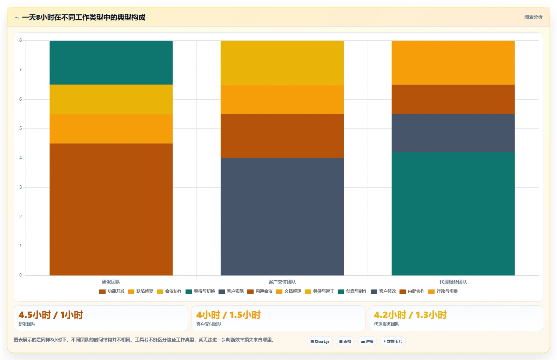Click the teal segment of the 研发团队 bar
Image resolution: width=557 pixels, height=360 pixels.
click(x=111, y=63)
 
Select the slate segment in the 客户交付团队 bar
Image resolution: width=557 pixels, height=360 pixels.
click(x=282, y=217)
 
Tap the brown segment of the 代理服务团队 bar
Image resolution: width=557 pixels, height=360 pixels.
click(x=453, y=99)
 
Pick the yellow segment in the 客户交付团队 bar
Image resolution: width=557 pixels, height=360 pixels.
click(x=282, y=63)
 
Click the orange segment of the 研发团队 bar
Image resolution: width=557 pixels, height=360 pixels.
click(x=111, y=129)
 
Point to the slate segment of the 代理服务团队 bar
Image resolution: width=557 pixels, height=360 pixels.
click(x=453, y=133)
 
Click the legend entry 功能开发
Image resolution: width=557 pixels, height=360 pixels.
click(x=112, y=291)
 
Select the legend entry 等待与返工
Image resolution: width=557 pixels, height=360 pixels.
click(x=320, y=291)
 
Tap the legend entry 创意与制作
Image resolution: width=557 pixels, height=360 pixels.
click(x=353, y=291)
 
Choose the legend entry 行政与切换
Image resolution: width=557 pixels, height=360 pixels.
click(x=443, y=291)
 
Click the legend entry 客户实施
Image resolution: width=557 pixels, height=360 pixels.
click(x=231, y=291)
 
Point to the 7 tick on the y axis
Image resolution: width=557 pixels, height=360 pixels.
click(x=21, y=70)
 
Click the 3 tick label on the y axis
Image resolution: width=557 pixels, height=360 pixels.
click(x=21, y=187)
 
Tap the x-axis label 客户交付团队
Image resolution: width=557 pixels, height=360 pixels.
click(x=282, y=282)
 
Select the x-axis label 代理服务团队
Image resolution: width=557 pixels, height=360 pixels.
click(x=453, y=282)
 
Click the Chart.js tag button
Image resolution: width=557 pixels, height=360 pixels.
click(x=320, y=341)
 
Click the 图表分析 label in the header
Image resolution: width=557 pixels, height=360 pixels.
click(x=533, y=17)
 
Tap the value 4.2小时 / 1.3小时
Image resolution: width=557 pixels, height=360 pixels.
click(x=410, y=315)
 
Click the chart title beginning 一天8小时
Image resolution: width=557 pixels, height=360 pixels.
click(x=83, y=18)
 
